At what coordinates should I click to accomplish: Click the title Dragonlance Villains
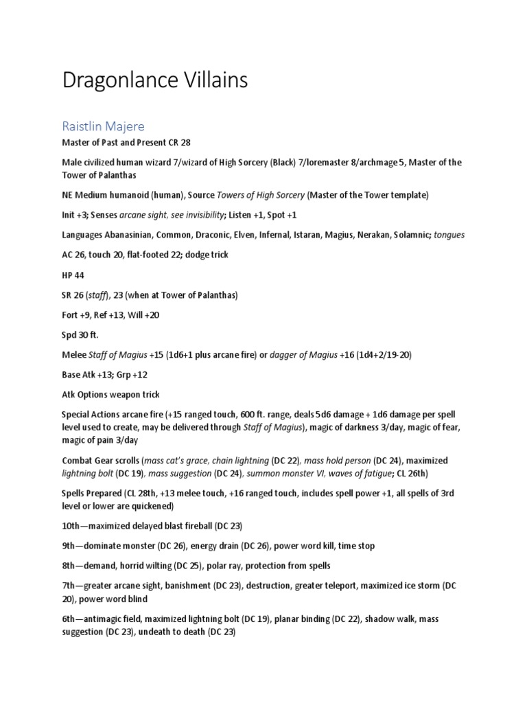pos(154,80)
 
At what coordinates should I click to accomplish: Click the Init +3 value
pos(73,215)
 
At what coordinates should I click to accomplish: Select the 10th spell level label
pos(71,526)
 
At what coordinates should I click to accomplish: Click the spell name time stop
pos(357,546)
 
